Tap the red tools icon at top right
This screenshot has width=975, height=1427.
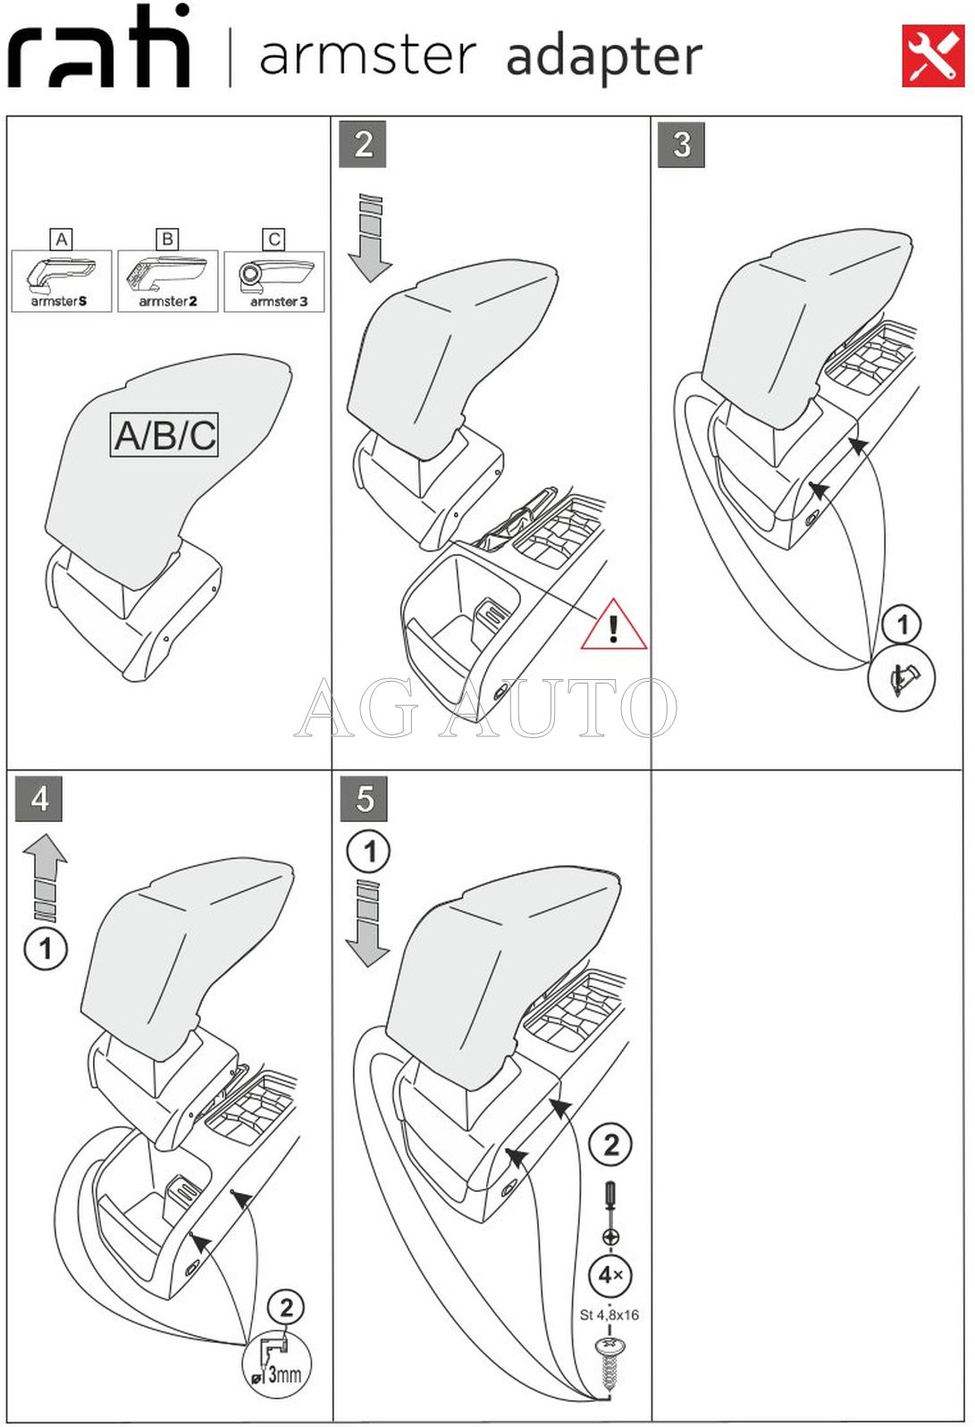[932, 56]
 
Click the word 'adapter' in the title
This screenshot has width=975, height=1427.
[604, 57]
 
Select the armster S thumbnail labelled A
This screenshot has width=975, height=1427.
[61, 280]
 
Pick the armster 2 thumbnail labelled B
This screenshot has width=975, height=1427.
[167, 280]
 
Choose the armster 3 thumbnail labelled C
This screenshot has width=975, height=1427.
[274, 280]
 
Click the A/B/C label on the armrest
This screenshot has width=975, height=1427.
[164, 435]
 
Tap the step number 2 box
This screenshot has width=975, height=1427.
[363, 145]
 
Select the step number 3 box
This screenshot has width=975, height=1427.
[681, 145]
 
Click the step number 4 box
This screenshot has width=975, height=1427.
[39, 799]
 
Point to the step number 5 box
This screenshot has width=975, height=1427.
[365, 799]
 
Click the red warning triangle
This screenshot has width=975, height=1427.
[614, 625]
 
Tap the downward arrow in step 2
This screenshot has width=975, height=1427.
[370, 239]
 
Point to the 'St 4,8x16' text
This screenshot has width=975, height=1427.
[609, 1314]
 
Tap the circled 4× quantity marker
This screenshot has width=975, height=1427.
[610, 1275]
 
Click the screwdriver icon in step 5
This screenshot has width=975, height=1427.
[610, 1210]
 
